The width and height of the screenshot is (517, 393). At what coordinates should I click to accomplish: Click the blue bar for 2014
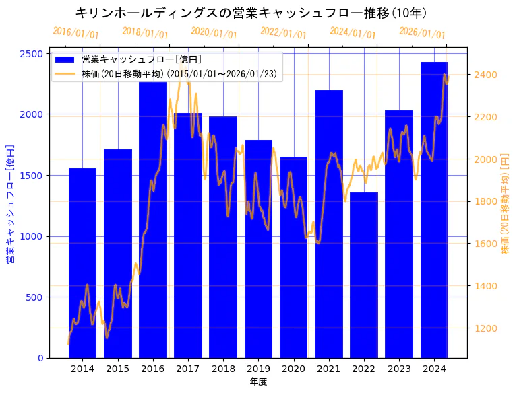82,269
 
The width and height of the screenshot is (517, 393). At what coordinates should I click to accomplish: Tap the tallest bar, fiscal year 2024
434,215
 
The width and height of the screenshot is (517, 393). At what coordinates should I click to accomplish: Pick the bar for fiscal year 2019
258,256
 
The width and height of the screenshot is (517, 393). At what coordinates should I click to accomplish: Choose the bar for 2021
329,229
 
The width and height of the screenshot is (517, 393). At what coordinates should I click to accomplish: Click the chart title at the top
251,13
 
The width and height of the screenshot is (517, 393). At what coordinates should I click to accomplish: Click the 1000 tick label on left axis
32,236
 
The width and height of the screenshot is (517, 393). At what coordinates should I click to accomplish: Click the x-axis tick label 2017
188,369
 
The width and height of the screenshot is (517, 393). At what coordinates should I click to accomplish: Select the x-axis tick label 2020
293,369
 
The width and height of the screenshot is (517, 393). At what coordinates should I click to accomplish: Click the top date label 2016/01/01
75,33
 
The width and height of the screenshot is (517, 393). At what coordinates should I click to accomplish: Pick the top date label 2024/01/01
353,33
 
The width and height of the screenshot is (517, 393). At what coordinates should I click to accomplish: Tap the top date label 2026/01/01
422,33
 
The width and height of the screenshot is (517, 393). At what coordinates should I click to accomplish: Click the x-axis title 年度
258,382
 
